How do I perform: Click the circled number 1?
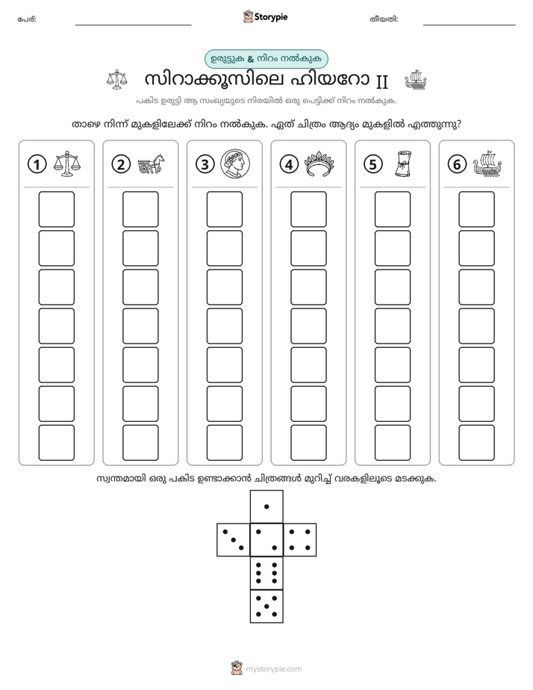[x=37, y=164]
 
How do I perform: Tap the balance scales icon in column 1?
[x=67, y=164]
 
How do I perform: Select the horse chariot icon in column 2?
[x=151, y=164]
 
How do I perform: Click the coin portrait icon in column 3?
[x=235, y=164]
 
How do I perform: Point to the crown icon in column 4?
[x=320, y=164]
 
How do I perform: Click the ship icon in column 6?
[x=487, y=164]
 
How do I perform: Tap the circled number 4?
[x=289, y=164]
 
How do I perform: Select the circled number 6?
[x=457, y=164]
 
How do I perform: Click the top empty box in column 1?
[x=56, y=209]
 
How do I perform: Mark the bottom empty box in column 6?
[x=477, y=443]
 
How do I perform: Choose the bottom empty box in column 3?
[x=224, y=443]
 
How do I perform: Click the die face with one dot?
[x=266, y=507]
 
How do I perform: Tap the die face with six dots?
[x=266, y=573]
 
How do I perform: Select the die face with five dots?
[x=266, y=606]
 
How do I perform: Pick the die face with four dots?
[x=300, y=540]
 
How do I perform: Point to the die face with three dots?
[x=234, y=540]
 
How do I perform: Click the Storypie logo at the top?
[x=265, y=17]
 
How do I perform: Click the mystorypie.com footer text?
[x=273, y=669]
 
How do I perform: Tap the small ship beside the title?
[x=415, y=80]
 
